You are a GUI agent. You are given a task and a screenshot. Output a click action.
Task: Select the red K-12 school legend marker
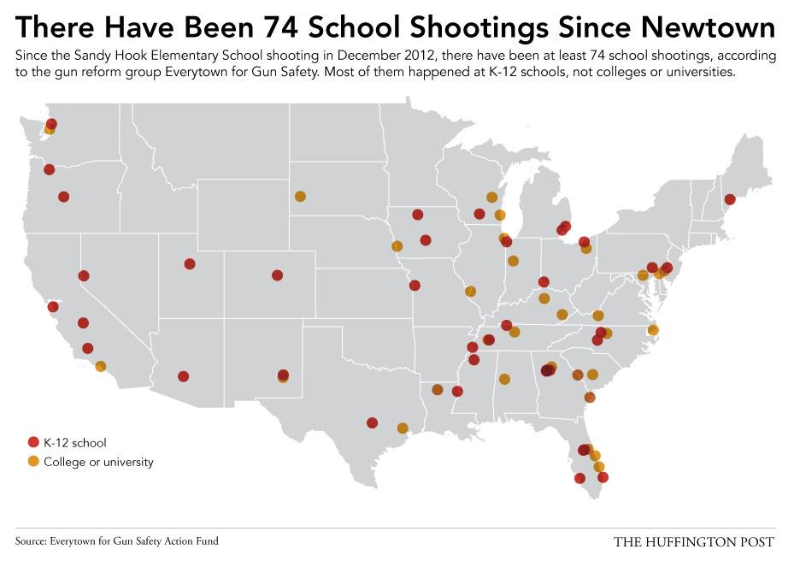[x=33, y=442]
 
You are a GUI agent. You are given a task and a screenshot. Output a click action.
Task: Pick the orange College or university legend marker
[x=33, y=462]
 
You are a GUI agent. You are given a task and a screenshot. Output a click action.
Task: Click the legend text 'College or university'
[x=98, y=462]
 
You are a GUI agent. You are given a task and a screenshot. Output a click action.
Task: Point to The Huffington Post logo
[x=693, y=541]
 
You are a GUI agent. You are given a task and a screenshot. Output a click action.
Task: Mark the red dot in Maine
[x=729, y=199]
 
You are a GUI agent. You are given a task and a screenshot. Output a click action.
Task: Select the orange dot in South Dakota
[x=300, y=196]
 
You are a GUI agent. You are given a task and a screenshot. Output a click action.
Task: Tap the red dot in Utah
[x=190, y=263]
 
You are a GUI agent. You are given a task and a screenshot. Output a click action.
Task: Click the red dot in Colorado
[x=277, y=275]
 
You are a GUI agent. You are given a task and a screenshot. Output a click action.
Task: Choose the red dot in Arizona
[x=183, y=376]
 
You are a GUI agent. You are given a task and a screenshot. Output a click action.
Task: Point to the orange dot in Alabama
[x=504, y=379]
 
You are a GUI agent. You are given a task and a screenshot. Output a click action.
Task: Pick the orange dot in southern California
[x=101, y=366]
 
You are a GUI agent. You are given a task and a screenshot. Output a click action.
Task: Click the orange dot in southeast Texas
[x=403, y=428]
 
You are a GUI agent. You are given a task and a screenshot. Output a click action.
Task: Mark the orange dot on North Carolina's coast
[x=653, y=329]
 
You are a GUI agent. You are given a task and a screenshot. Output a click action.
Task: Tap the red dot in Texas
[x=372, y=422]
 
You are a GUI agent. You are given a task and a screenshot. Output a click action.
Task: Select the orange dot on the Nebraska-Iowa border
[x=397, y=246]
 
